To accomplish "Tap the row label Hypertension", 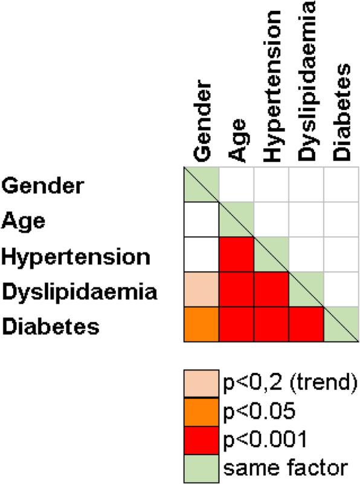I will click(76, 256).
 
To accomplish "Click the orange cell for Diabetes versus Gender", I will click(201, 326).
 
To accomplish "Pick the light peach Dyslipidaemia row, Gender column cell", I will click(201, 291).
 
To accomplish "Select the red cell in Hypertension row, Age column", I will click(236, 256).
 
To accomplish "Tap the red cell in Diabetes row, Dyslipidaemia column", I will click(307, 326).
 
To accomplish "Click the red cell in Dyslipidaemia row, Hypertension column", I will click(271, 291).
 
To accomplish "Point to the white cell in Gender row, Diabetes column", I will click(342, 186).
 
